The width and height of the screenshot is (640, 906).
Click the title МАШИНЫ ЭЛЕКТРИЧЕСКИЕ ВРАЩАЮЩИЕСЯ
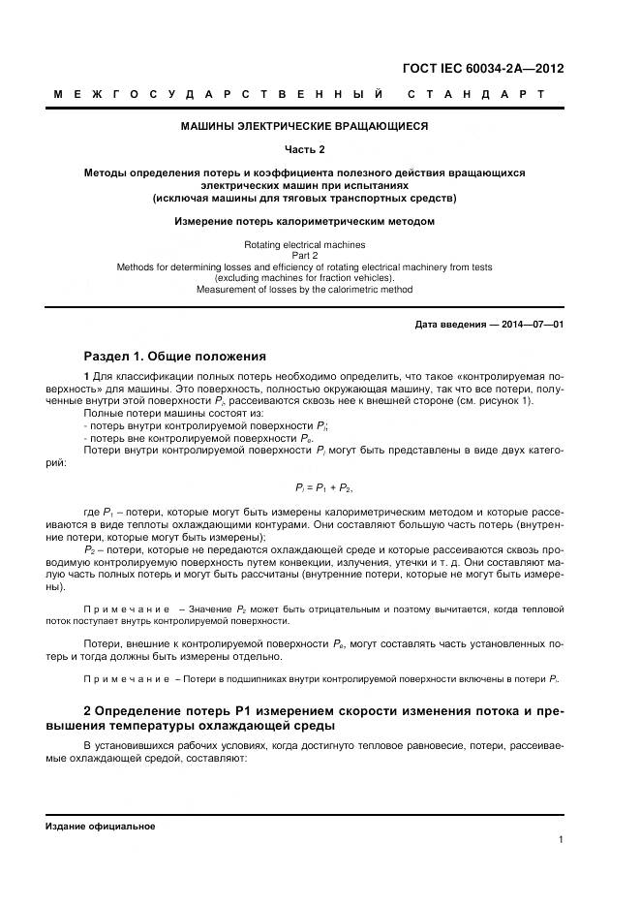[304, 126]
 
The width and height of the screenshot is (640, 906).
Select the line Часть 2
[304, 149]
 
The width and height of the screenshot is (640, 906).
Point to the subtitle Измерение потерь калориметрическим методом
[304, 221]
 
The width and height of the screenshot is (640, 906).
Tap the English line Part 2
[304, 256]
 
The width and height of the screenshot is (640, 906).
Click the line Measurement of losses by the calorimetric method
[304, 290]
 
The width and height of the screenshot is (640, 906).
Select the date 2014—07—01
[531, 324]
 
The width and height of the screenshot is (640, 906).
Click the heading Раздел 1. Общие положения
[174, 356]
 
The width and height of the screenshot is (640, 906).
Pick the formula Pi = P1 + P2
[316, 487]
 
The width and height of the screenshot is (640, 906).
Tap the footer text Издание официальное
[100, 826]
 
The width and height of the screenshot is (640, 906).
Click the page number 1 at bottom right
[561, 840]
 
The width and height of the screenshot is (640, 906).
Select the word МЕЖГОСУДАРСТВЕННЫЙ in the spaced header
[219, 95]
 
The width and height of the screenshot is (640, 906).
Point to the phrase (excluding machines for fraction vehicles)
[304, 279]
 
